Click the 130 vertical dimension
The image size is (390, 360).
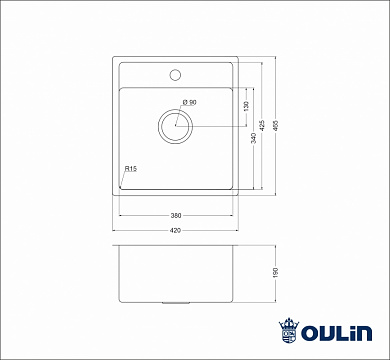(244, 106)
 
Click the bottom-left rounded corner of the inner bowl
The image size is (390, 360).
(122, 185)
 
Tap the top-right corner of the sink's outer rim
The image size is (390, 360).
(237, 58)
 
